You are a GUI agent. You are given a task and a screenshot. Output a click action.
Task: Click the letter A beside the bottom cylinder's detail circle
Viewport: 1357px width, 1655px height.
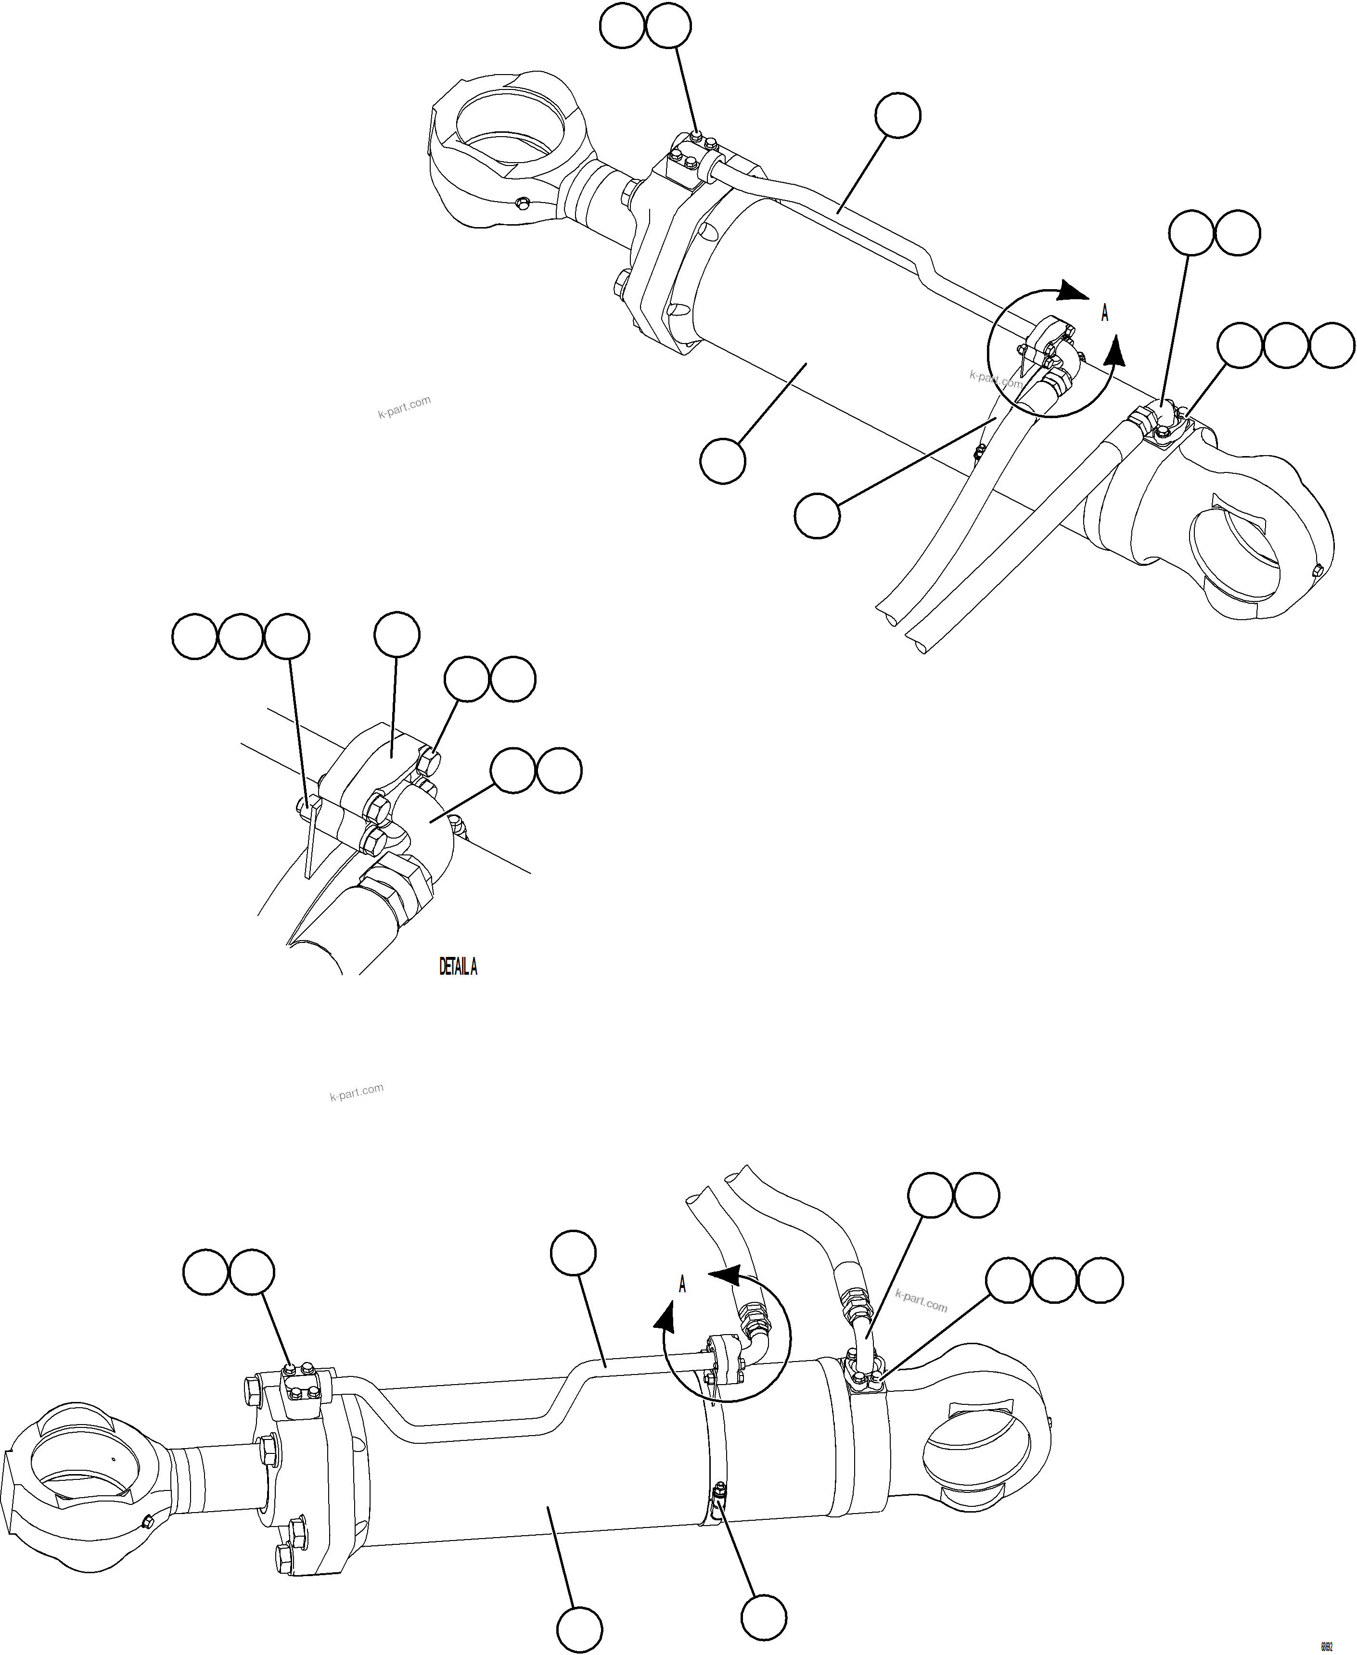click(x=682, y=1284)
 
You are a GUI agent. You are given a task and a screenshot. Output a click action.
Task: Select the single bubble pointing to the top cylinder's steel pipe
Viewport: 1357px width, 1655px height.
click(x=897, y=115)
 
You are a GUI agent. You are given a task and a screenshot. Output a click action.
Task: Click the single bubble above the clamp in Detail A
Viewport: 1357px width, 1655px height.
click(x=397, y=635)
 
